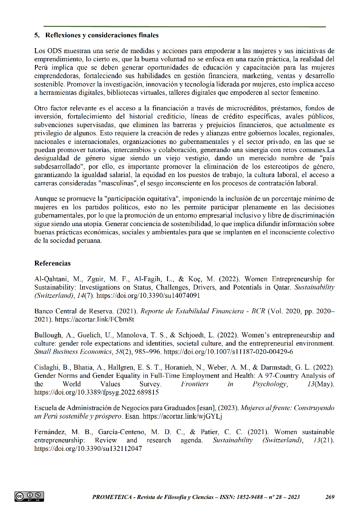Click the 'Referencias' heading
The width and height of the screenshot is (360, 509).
(x=52, y=263)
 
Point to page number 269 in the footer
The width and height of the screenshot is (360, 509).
(x=330, y=497)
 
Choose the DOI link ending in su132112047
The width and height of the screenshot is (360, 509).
(x=88, y=447)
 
